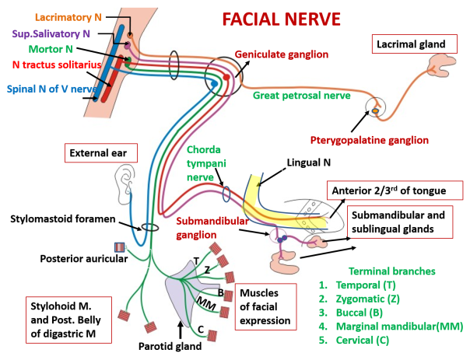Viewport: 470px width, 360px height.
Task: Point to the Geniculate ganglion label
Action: (x=281, y=54)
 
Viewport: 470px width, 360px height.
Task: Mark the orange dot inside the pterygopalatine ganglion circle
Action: (x=375, y=111)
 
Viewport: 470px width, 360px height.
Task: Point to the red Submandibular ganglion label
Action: (x=212, y=226)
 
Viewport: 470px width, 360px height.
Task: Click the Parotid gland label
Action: (x=172, y=346)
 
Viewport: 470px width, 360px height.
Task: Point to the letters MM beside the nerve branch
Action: (x=205, y=302)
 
